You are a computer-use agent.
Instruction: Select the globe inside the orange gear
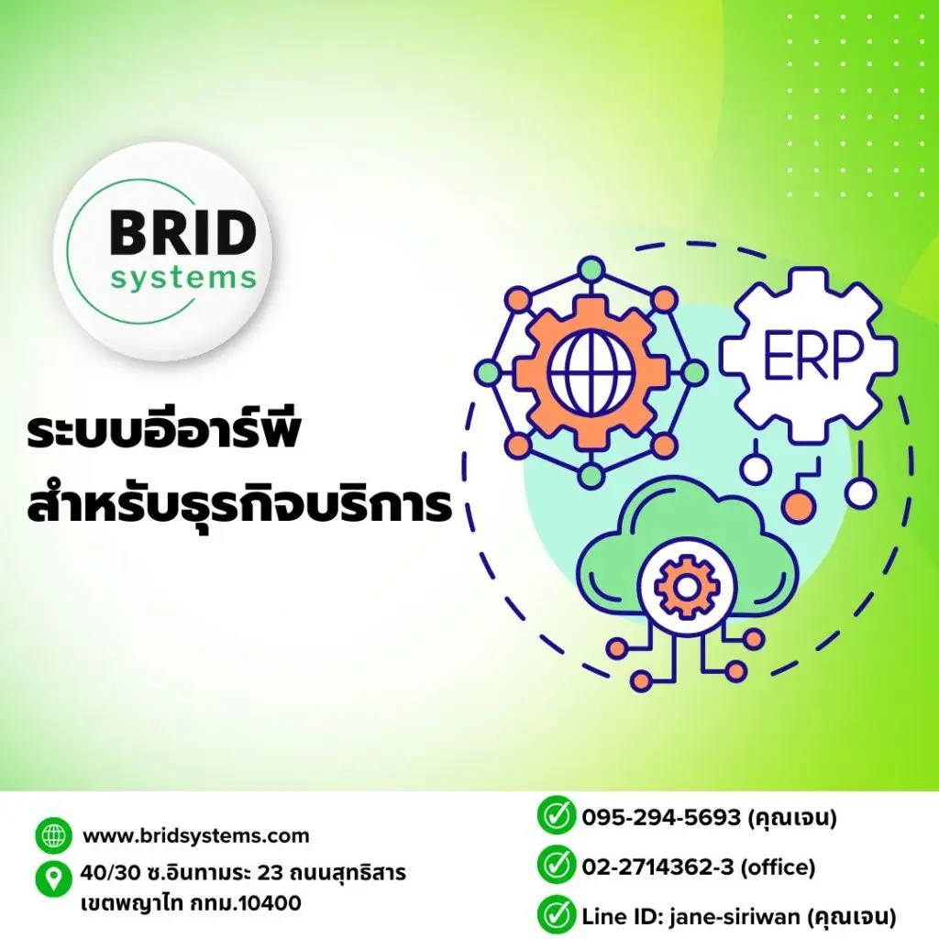[x=591, y=372]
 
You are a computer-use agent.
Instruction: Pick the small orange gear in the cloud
[x=686, y=588]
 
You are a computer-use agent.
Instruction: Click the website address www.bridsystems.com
[x=196, y=835]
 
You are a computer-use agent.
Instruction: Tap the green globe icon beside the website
[x=53, y=835]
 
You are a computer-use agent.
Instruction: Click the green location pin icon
[x=53, y=879]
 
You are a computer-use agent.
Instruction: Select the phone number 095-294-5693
[x=661, y=817]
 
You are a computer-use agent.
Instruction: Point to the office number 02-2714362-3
[x=657, y=867]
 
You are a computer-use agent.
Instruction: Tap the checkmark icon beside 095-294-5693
[x=556, y=815]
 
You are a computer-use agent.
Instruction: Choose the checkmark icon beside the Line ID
[x=556, y=915]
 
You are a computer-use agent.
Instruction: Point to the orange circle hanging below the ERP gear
[x=799, y=506]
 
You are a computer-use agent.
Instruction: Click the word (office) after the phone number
[x=778, y=867]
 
